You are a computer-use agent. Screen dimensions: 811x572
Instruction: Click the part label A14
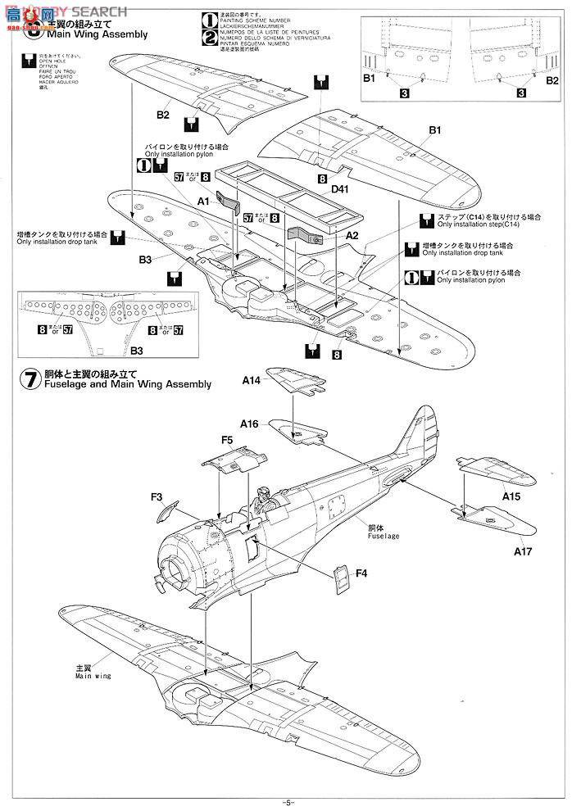coord(251,380)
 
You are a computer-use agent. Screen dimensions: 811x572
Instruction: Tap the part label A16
coord(250,424)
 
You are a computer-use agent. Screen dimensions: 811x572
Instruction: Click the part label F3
coord(157,496)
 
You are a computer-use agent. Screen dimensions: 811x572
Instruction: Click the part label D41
coord(342,189)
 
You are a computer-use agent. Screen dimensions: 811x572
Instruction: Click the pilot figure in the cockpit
coord(263,499)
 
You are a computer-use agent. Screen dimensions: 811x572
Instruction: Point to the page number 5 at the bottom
coord(286,801)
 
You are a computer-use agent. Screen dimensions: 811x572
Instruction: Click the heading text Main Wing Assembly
coord(98,35)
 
